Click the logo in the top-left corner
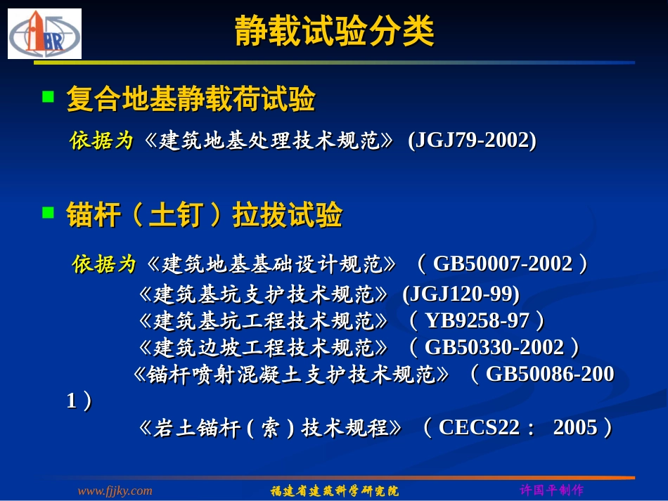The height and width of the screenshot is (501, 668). [44, 34]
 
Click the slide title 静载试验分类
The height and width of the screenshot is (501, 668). [334, 32]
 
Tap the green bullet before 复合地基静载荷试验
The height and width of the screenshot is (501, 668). [49, 96]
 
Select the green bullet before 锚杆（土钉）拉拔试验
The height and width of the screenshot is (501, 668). [49, 212]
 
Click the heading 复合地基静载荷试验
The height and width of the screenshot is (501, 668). [191, 100]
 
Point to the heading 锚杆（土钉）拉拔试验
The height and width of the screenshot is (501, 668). [205, 216]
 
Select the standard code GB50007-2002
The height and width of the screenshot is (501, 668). [503, 264]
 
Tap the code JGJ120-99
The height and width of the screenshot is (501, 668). [461, 293]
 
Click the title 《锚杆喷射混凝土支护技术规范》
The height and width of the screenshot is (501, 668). [291, 374]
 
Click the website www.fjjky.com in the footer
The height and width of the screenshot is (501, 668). [115, 490]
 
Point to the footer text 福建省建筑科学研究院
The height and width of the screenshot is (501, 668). [335, 490]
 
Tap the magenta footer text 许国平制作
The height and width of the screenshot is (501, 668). [551, 490]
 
